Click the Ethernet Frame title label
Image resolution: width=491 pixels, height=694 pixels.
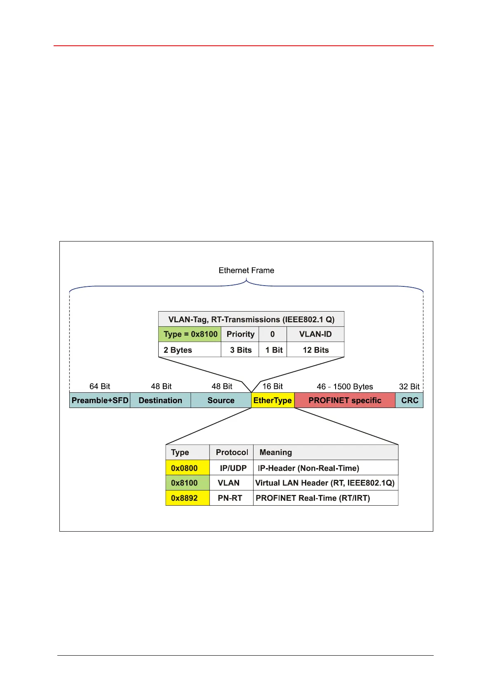pos(246,270)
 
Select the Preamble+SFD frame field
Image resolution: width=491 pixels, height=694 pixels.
pos(100,400)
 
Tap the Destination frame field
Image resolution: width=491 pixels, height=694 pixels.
pos(160,400)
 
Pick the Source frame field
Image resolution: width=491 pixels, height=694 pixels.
pos(221,400)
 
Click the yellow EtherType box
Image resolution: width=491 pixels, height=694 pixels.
pos(273,400)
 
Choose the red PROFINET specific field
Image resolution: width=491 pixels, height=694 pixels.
pos(345,400)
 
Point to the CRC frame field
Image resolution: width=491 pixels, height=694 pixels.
pos(409,400)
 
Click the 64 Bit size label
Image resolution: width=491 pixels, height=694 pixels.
pos(100,386)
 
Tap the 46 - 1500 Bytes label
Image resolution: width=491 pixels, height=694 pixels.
pos(345,387)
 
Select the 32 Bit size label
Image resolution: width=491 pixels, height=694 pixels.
pos(409,387)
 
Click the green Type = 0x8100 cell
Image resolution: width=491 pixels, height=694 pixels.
pos(190,334)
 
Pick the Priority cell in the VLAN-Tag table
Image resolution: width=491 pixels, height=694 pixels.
pos(240,334)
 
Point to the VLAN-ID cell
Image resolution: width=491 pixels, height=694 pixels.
pos(315,334)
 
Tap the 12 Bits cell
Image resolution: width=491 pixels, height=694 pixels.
pos(316,350)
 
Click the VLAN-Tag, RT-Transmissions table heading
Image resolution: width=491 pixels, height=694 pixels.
pos(251,319)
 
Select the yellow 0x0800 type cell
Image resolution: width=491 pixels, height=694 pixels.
pos(184,468)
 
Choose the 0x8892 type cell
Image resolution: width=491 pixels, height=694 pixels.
pos(184,498)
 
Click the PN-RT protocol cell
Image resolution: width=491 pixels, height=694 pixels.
pos(230,498)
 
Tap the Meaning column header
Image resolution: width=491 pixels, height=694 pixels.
pos(276,452)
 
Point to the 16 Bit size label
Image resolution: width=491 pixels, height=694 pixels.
pos(273,386)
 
